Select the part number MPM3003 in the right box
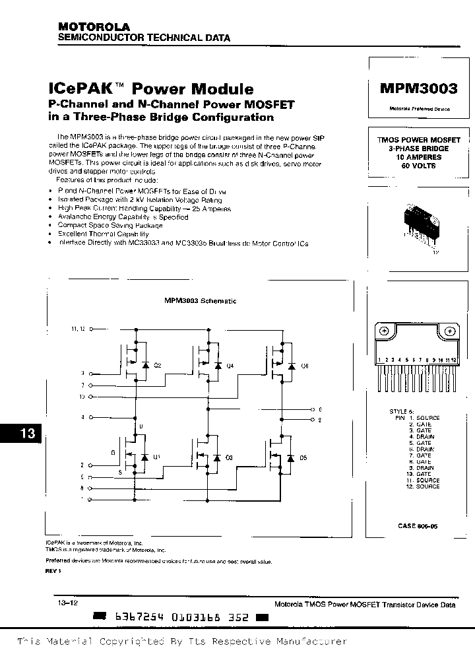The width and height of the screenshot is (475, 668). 418,90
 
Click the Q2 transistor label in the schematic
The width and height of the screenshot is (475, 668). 158,365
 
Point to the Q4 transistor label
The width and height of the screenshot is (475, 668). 230,365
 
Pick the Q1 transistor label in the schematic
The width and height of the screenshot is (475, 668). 157,457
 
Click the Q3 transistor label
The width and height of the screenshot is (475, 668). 230,457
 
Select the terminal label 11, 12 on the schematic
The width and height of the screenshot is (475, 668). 78,328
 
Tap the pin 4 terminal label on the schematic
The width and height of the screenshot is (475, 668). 82,417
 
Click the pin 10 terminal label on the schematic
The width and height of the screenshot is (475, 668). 82,397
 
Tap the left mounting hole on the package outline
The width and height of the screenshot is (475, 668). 384,331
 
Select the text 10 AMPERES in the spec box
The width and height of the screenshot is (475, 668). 418,158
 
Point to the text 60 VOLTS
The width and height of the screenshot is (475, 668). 418,166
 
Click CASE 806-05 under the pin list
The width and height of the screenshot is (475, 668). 418,525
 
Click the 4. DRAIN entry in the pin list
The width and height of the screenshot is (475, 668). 420,436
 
